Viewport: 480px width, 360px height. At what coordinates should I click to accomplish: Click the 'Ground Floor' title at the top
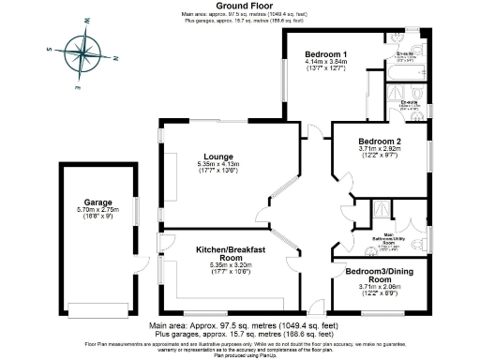coord(239,6)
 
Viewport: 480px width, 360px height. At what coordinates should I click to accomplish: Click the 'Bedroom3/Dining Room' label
coord(376,276)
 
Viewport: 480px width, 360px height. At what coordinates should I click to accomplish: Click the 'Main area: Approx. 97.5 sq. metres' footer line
coord(239,325)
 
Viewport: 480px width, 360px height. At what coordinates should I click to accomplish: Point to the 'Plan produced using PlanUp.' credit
coord(239,355)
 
